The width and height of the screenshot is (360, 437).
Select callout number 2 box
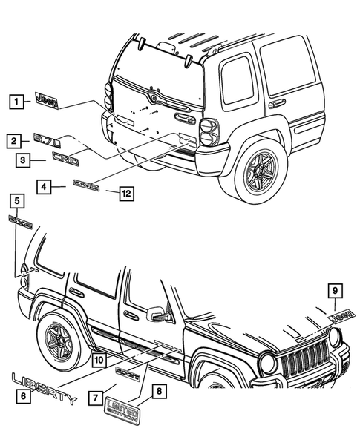(x=13, y=139)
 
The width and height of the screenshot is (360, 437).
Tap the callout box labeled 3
(x=23, y=159)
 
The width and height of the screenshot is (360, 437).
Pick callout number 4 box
(x=47, y=188)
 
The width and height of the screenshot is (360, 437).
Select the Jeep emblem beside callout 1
(x=46, y=100)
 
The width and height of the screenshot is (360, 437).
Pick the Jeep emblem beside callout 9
(x=341, y=315)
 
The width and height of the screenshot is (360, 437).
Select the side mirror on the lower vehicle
(x=158, y=315)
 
